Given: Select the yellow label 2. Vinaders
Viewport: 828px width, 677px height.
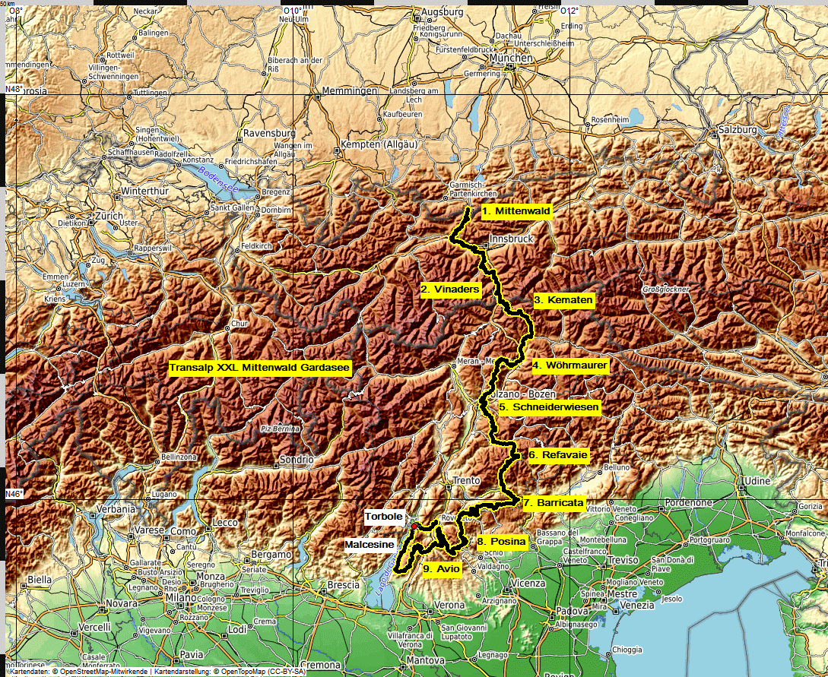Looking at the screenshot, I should click(451, 289).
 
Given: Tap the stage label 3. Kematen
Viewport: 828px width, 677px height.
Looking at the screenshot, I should click(563, 300).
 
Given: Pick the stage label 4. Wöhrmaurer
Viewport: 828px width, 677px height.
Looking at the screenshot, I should click(569, 365).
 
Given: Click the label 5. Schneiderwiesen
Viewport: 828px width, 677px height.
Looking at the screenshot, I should click(549, 408).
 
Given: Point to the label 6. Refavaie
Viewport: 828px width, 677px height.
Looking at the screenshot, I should click(558, 455).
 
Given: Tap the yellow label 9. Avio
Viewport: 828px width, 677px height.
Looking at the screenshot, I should click(442, 568).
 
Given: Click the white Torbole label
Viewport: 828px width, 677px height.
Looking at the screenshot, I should click(383, 517).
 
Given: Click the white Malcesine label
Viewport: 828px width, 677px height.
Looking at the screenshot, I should click(369, 545).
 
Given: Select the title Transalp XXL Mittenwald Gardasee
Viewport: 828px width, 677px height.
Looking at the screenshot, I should click(259, 368).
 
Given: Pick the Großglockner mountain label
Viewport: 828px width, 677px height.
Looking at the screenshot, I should click(665, 289).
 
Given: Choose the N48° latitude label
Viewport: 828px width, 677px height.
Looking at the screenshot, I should click(14, 90).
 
